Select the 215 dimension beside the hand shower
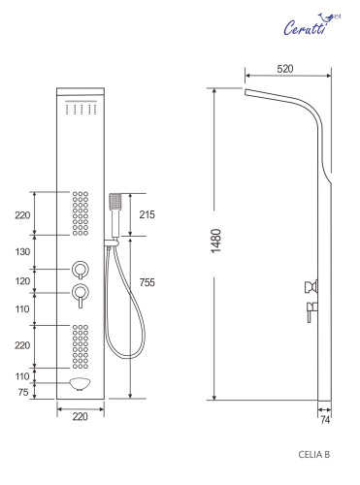tap(147, 213)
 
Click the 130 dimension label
tap(21, 251)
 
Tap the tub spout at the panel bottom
tap(80, 385)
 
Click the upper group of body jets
tap(80, 211)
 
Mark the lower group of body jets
tap(80, 346)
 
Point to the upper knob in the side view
tap(311, 285)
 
